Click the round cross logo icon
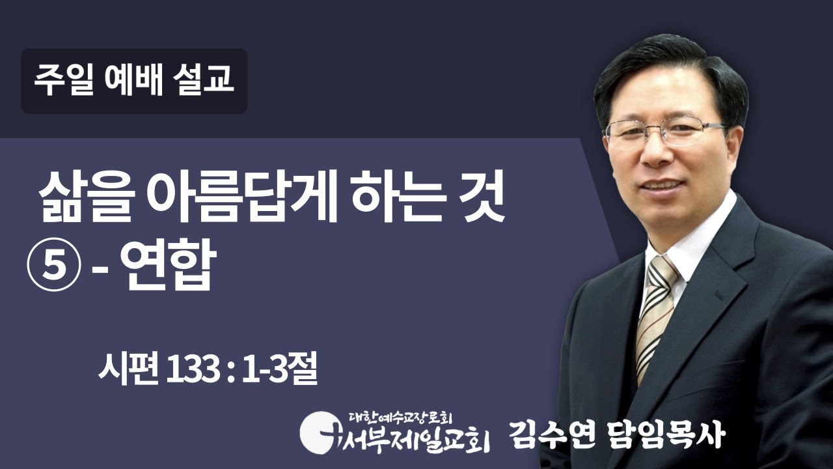click(x=318, y=431)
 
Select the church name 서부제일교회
click(x=410, y=437)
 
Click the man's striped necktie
click(x=655, y=313)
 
